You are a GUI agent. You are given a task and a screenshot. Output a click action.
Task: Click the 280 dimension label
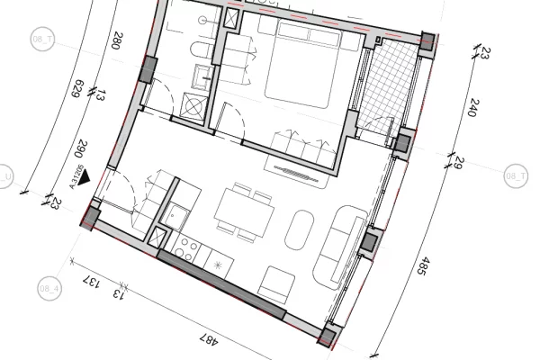click(116, 41)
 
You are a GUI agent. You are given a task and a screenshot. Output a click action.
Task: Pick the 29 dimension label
click(458, 162)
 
